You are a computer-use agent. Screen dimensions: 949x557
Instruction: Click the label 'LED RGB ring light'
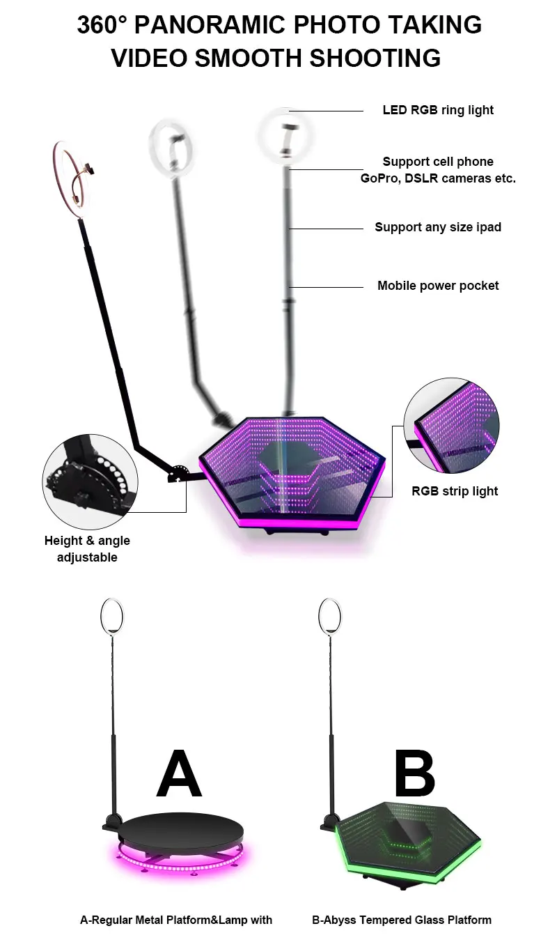pyautogui.click(x=438, y=110)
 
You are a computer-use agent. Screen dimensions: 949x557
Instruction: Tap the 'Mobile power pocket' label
pyautogui.click(x=438, y=286)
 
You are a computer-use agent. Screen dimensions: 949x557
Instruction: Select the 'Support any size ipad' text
pyautogui.click(x=438, y=227)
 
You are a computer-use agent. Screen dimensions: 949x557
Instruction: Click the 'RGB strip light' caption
pyautogui.click(x=455, y=491)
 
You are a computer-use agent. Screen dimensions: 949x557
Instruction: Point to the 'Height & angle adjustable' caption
pyautogui.click(x=87, y=549)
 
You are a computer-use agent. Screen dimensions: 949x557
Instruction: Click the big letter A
pyautogui.click(x=179, y=774)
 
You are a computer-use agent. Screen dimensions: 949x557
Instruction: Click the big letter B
pyautogui.click(x=414, y=774)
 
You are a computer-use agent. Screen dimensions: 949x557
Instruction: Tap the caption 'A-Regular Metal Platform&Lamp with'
pyautogui.click(x=176, y=920)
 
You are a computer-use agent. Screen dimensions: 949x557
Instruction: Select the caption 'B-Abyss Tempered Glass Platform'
pyautogui.click(x=402, y=920)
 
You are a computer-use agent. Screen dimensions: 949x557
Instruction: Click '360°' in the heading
pyautogui.click(x=102, y=25)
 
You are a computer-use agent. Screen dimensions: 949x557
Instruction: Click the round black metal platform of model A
pyautogui.click(x=183, y=827)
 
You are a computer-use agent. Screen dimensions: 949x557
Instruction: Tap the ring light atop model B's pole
pyautogui.click(x=330, y=616)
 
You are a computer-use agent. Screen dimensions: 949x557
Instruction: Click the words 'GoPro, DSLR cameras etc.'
pyautogui.click(x=438, y=178)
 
